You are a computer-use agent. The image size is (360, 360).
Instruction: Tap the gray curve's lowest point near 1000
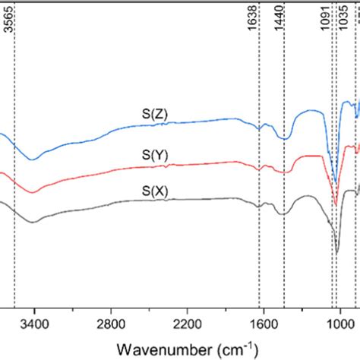[337, 254]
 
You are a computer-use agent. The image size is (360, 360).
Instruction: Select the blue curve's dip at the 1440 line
[285, 138]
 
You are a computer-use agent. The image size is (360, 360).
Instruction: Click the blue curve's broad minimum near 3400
[32, 159]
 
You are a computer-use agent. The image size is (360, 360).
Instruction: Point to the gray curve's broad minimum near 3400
[32, 223]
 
